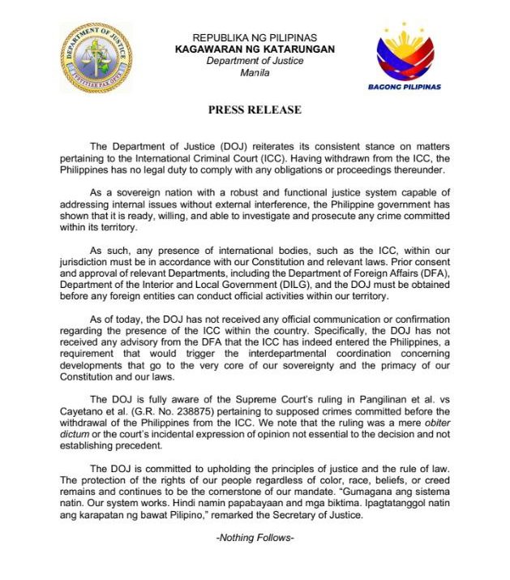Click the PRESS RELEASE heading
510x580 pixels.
tap(255, 110)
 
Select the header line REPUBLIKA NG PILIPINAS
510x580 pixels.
tap(254, 37)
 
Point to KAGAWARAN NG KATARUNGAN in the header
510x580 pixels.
tap(254, 49)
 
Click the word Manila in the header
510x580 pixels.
tap(255, 72)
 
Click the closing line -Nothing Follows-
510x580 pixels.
tap(255, 538)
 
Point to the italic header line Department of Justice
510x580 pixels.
tap(254, 61)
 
